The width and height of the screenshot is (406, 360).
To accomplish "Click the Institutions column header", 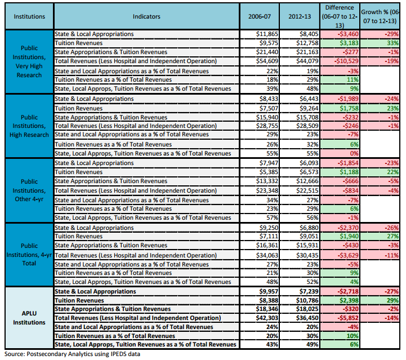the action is coord(29,16).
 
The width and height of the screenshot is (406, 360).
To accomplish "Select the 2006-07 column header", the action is coord(260,16).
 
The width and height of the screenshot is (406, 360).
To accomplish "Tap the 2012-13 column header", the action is coord(300,16).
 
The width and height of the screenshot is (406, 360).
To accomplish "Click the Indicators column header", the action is coord(146,16).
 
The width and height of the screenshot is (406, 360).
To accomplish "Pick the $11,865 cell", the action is coord(267,34).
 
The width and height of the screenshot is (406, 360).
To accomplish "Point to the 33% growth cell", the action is coord(393,43).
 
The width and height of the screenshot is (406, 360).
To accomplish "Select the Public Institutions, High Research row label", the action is coord(29,126).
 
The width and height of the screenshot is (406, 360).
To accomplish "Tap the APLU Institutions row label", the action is coord(29,318).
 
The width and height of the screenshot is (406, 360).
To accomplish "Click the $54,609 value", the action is coord(267,61).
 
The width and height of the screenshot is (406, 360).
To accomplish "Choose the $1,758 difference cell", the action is coord(349,108).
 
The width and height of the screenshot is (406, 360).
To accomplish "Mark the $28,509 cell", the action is coord(307,126).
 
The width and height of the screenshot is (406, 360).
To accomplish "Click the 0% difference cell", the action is coord(354,153).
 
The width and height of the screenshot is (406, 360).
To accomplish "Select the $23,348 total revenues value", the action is coord(267,190).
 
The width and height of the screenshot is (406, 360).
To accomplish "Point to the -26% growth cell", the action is coord(391,228).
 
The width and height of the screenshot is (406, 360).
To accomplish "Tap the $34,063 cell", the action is coord(267,255).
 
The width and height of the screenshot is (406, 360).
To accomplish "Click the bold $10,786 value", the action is coord(307,300).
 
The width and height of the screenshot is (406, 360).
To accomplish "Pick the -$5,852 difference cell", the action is coord(348,318).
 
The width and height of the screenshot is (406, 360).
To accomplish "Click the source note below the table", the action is coord(72,354).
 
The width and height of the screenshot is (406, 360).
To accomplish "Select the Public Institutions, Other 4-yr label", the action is coord(29,190).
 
